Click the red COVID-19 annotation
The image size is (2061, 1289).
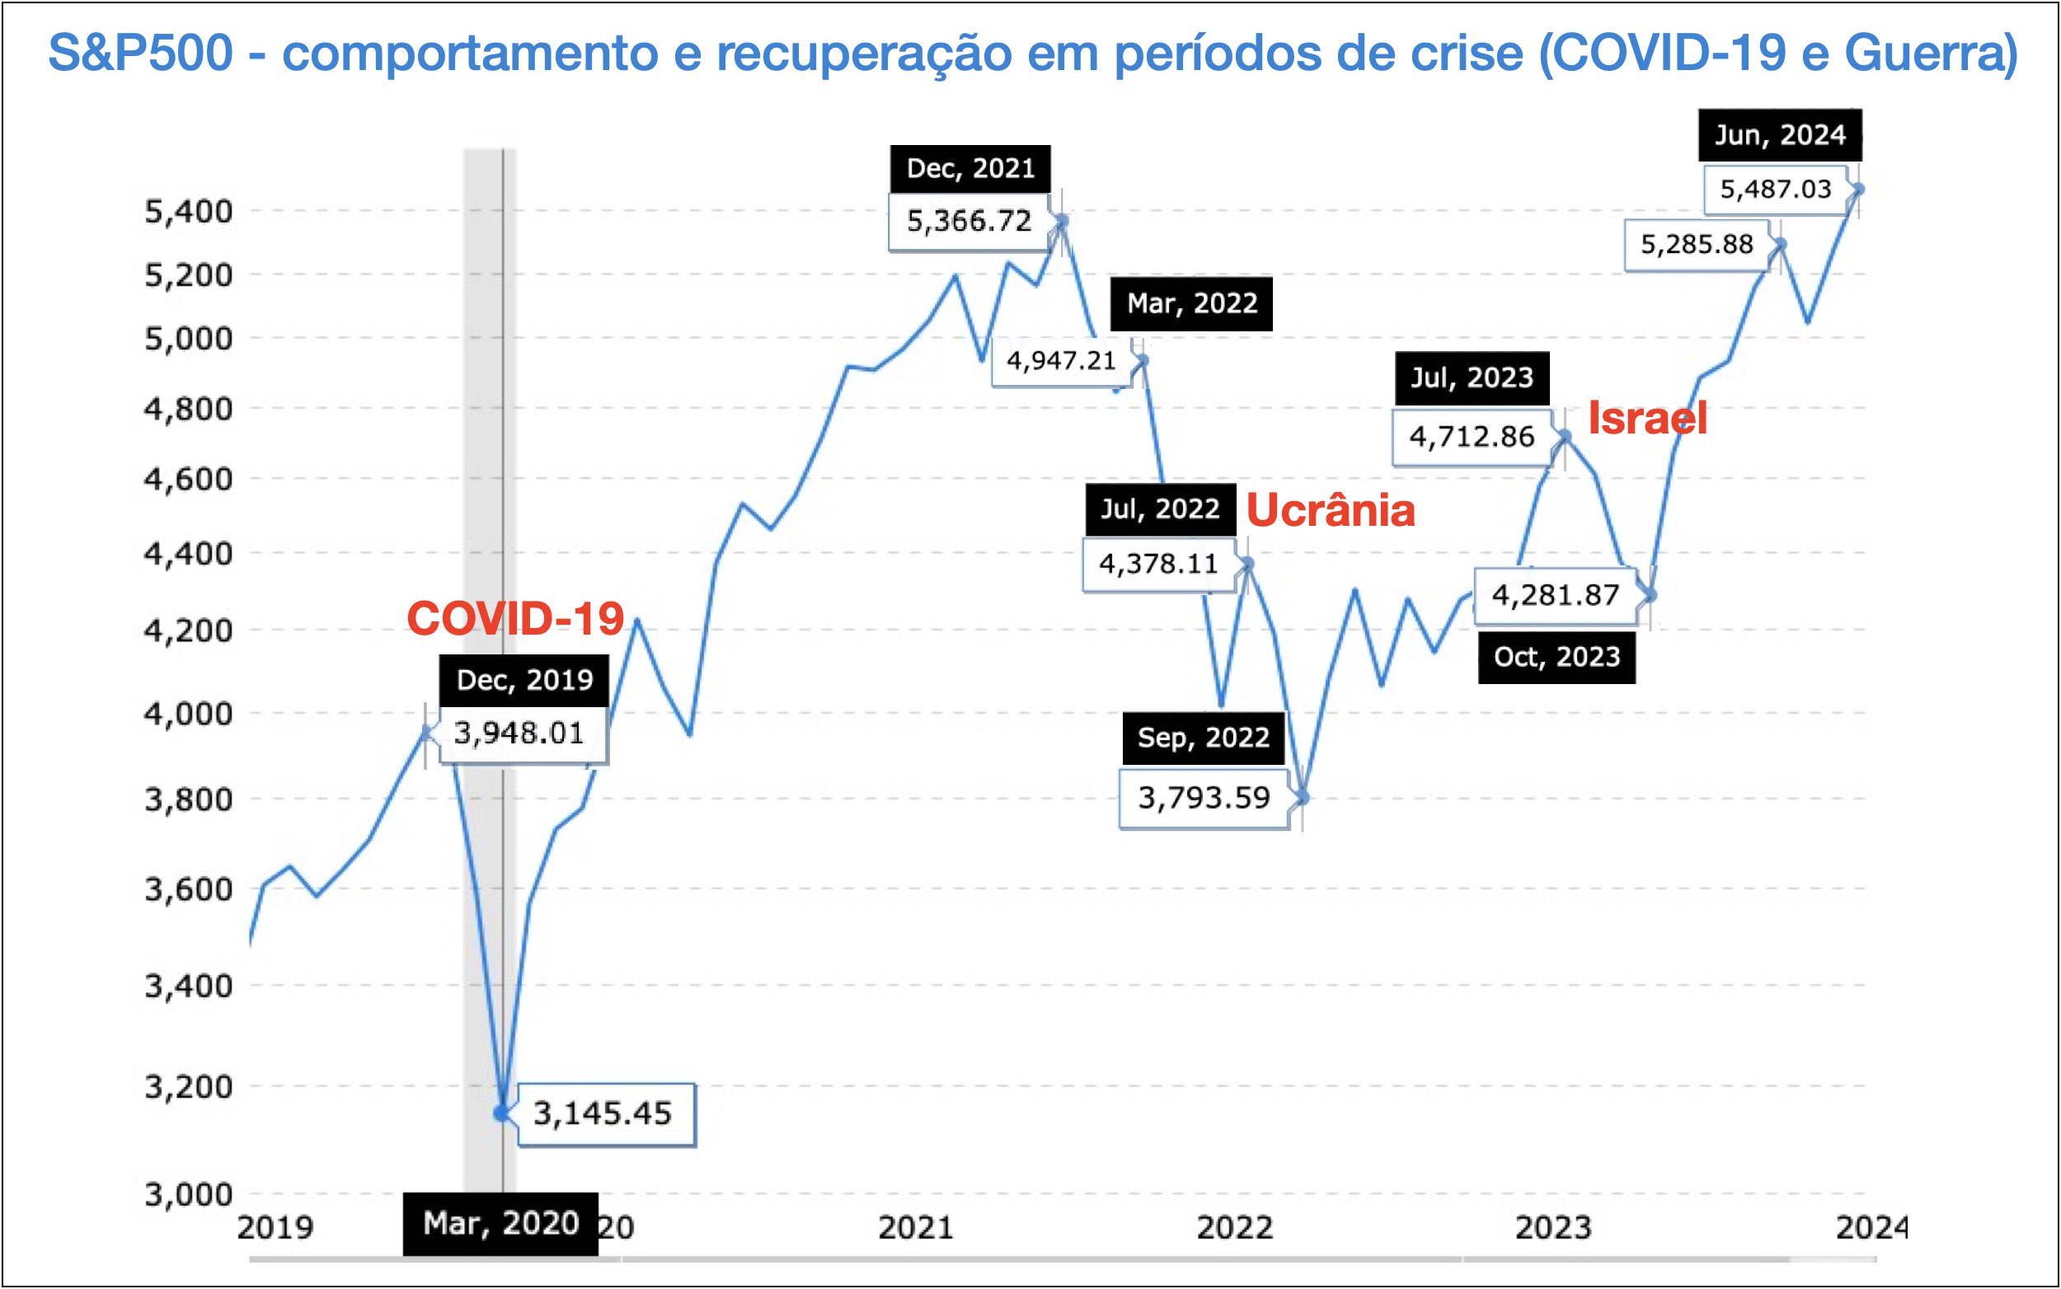[515, 618]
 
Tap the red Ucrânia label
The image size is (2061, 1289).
[1331, 511]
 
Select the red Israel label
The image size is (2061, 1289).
[1646, 419]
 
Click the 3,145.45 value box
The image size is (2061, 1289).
[604, 1113]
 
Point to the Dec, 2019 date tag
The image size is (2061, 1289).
[523, 679]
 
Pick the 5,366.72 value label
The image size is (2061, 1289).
[969, 222]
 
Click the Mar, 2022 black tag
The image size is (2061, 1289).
[1191, 303]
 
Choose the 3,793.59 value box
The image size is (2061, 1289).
[1203, 798]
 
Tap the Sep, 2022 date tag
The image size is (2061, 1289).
[1203, 737]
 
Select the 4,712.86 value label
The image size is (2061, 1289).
[1471, 437]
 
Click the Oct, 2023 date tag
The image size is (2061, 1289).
[1556, 656]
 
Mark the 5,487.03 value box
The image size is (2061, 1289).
[1775, 190]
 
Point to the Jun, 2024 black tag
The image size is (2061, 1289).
[1780, 134]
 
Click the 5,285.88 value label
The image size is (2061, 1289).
[1696, 245]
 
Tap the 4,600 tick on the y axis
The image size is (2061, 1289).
[189, 479]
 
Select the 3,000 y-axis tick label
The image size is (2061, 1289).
[189, 1194]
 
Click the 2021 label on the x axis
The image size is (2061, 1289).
[916, 1228]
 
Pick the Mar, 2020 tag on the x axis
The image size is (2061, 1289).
[500, 1223]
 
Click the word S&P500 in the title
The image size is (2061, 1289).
[141, 53]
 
